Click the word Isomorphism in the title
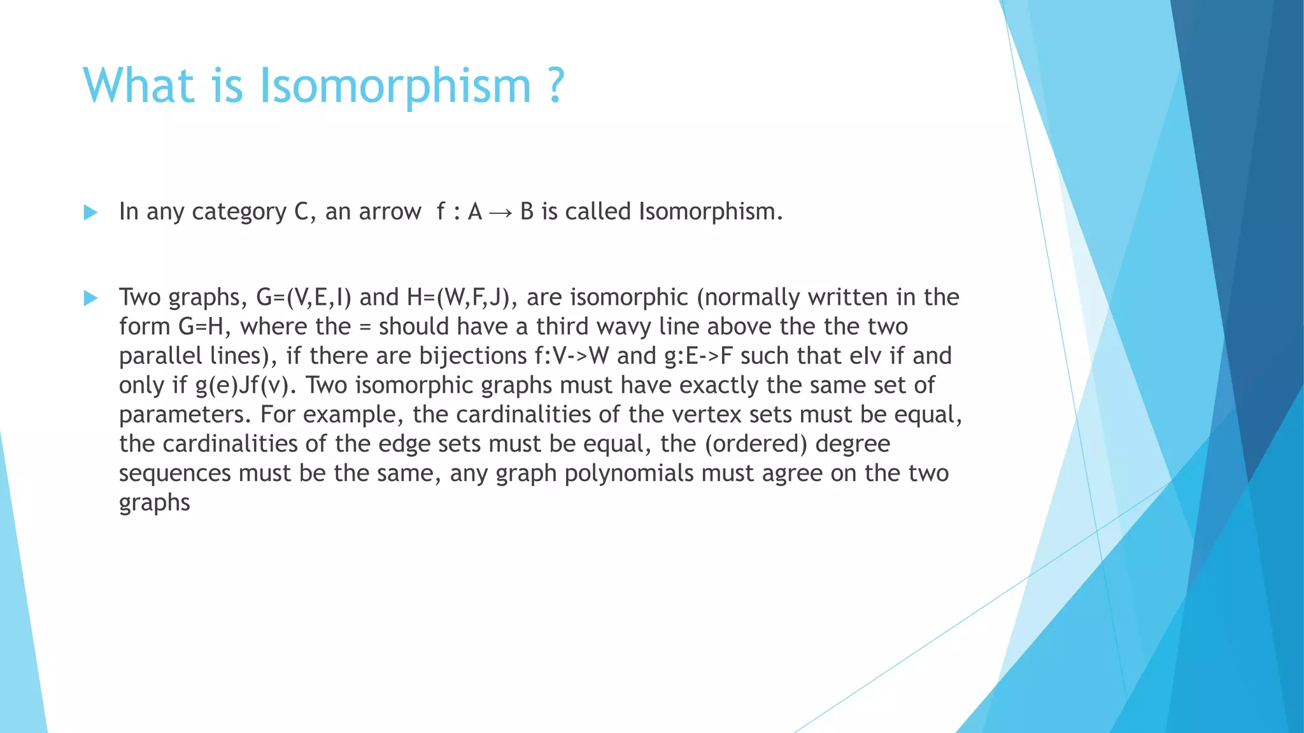tap(395, 86)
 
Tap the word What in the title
tap(138, 86)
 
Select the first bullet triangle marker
tap(90, 213)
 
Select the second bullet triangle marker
tap(90, 298)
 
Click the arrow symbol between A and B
tap(500, 213)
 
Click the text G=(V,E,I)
tap(304, 298)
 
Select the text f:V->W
tap(572, 356)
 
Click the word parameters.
tap(185, 415)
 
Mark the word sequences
tap(175, 473)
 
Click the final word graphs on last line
tap(155, 503)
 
